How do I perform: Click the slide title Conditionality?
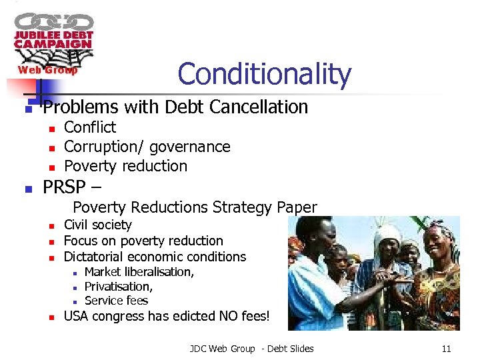click(x=264, y=74)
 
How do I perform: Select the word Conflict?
click(x=89, y=127)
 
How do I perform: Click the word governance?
click(x=190, y=147)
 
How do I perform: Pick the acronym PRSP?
click(x=65, y=188)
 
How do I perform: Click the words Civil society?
click(x=97, y=225)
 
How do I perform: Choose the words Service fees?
click(x=116, y=300)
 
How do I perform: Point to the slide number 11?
click(x=446, y=349)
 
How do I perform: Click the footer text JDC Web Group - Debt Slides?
click(x=251, y=349)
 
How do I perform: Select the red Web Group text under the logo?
click(x=47, y=70)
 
